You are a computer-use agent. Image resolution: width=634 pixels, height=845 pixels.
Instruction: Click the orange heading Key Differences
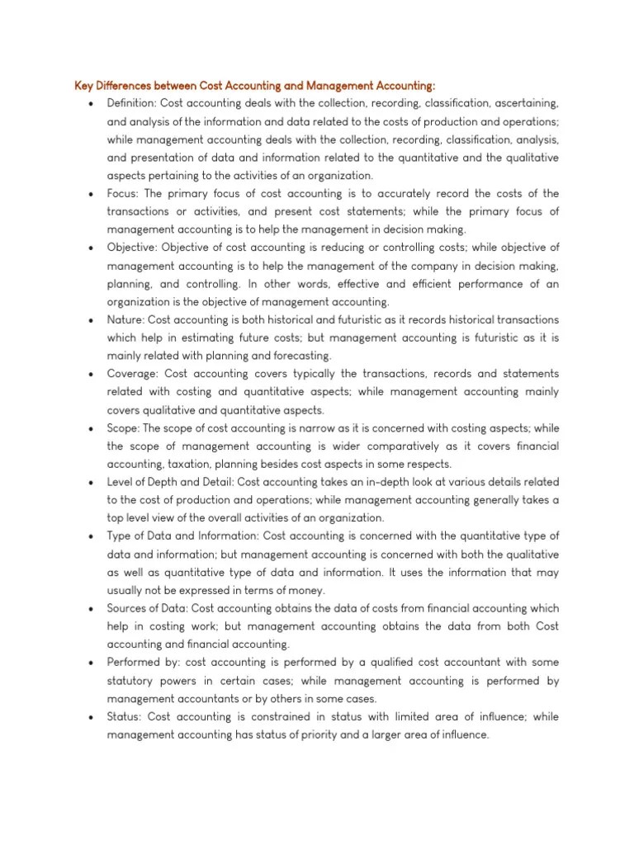(255, 86)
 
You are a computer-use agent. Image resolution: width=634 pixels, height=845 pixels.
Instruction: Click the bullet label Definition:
(131, 103)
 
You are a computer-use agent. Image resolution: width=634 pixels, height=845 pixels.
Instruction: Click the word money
(307, 590)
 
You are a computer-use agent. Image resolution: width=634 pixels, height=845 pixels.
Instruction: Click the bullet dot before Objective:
(88, 248)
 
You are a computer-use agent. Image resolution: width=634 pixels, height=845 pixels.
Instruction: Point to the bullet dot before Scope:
(88, 429)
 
